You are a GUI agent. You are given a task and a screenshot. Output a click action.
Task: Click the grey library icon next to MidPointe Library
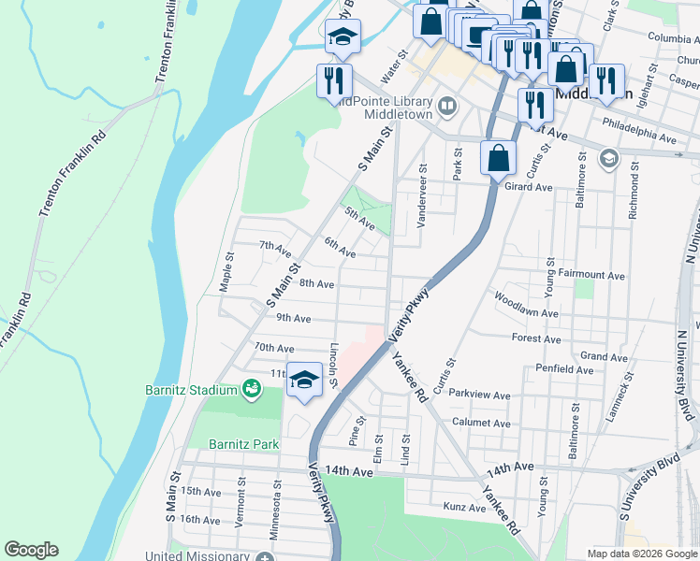coord(447,106)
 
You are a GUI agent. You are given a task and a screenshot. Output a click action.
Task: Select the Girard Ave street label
coord(529,187)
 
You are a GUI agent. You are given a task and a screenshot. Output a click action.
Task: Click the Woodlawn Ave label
coord(527,313)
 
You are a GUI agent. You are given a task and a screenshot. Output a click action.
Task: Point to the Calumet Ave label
coord(481,423)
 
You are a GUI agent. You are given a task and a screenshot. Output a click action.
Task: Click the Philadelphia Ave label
coord(640,137)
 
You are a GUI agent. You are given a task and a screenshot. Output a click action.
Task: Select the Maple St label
coord(226,271)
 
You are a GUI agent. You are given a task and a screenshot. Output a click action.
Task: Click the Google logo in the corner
coord(31,550)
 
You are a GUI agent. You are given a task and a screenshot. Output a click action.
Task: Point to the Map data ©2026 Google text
coord(642,554)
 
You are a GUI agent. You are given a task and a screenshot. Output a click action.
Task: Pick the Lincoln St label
coord(334,366)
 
